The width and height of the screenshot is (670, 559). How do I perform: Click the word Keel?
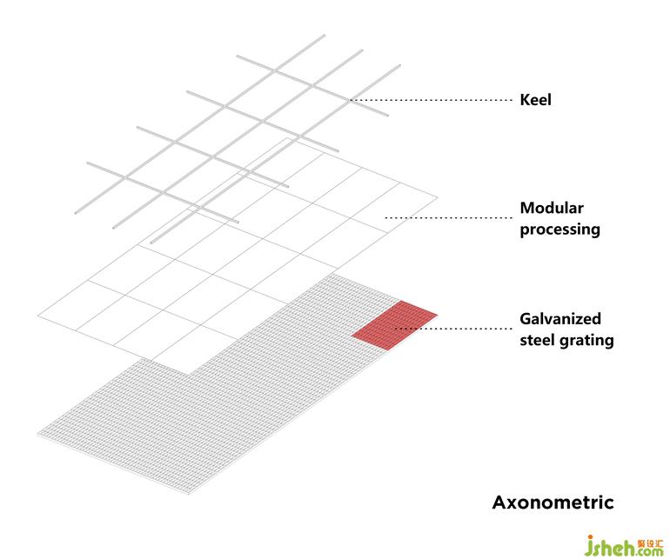tap(535, 100)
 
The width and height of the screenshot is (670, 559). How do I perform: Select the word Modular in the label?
tap(552, 208)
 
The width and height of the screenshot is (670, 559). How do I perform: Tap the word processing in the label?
tap(559, 230)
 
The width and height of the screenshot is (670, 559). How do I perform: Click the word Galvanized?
tap(560, 319)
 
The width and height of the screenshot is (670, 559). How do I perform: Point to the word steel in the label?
tap(538, 340)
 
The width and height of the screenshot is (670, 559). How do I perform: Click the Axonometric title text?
tap(553, 502)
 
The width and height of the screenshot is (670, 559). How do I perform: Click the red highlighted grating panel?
tap(395, 323)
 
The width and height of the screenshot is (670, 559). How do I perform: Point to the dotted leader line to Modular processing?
tap(448, 217)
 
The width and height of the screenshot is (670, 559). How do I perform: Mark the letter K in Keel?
tap(525, 100)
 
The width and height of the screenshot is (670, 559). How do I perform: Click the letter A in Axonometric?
tap(499, 502)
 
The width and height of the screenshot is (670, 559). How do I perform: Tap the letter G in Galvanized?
tap(526, 319)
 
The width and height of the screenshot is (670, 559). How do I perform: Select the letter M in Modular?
tap(526, 208)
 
